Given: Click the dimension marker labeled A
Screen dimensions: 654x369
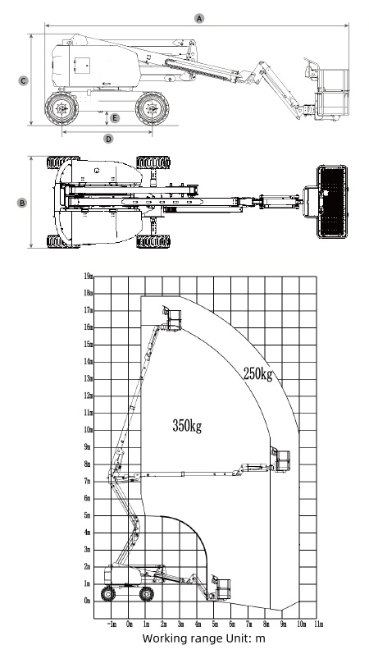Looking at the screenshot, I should (x=198, y=16).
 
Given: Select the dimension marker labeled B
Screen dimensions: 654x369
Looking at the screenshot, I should (x=23, y=201).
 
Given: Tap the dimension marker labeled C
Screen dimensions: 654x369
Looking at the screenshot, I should (x=23, y=80).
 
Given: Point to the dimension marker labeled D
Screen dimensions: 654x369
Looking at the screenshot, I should (x=108, y=138).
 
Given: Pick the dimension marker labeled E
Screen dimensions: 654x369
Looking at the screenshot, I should (x=115, y=118).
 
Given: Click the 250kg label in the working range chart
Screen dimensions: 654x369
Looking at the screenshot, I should (x=257, y=374).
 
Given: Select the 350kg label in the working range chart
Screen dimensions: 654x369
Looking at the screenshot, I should (x=187, y=425).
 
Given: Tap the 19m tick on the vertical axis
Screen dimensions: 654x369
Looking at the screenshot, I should (x=88, y=276).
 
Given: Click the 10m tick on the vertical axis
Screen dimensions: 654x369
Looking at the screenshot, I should (x=88, y=430).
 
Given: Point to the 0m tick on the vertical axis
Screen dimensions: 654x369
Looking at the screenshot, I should (x=88, y=601).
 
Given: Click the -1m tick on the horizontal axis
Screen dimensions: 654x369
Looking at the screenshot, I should (x=112, y=624).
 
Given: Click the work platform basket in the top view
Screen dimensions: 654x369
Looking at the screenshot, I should (x=333, y=201).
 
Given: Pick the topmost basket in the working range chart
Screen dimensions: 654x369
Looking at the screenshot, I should (x=173, y=318).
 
